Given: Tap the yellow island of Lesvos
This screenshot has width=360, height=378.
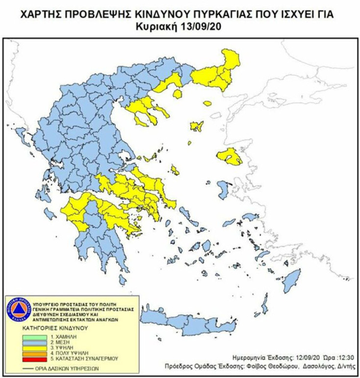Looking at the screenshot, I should [x=229, y=156].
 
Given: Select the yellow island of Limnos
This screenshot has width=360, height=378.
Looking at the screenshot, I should [x=197, y=126].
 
